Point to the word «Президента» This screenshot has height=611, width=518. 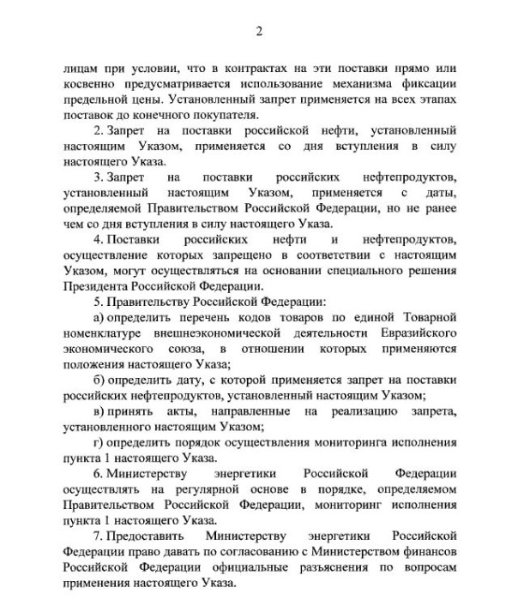[x=95, y=287]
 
